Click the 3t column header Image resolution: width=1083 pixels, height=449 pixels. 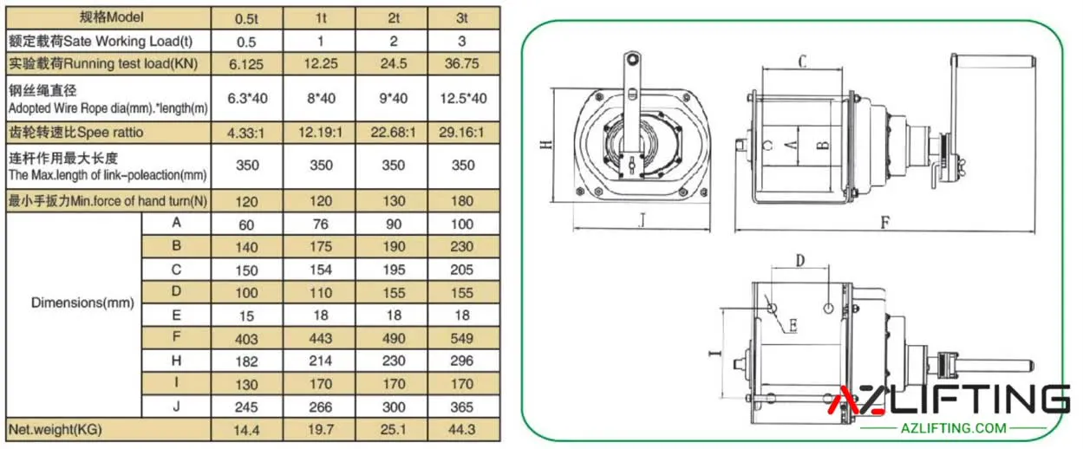pyautogui.click(x=461, y=18)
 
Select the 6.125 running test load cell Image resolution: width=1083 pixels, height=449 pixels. pyautogui.click(x=246, y=64)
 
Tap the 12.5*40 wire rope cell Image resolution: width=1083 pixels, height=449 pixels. pyautogui.click(x=463, y=99)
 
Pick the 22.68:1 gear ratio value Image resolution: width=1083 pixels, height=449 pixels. pyautogui.click(x=393, y=133)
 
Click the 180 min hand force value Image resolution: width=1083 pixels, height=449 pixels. pyautogui.click(x=462, y=201)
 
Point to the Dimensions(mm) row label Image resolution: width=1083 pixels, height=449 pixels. pyautogui.click(x=82, y=303)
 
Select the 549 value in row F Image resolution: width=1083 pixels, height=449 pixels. pyautogui.click(x=461, y=338)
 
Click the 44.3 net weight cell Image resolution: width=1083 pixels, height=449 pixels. pyautogui.click(x=461, y=430)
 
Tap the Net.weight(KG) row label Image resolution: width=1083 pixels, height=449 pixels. pyautogui.click(x=55, y=430)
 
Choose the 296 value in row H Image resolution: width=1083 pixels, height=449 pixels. pyautogui.click(x=461, y=361)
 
